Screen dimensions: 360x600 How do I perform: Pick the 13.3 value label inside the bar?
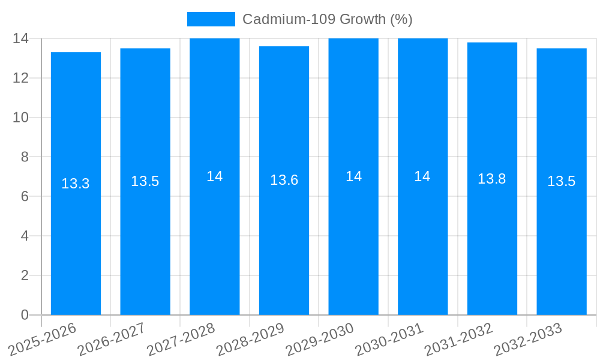tap(76, 184)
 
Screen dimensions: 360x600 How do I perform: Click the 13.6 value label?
tap(284, 180)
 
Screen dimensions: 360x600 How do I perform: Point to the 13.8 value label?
tap(492, 179)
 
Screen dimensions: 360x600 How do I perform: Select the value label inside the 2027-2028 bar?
tap(215, 176)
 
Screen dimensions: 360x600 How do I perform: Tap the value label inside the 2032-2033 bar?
tap(562, 181)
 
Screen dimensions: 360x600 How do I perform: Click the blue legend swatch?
tap(211, 19)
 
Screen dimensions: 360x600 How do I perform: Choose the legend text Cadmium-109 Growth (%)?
tap(327, 19)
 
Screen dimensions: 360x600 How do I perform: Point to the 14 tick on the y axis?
tap(20, 38)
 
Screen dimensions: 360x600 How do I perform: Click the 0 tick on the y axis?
tap(25, 315)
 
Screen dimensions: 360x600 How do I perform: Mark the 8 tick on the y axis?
tap(25, 157)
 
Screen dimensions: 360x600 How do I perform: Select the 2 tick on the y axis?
tap(25, 275)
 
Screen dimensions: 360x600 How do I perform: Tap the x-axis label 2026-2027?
tap(112, 339)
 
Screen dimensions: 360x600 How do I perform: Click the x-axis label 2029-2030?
tap(320, 339)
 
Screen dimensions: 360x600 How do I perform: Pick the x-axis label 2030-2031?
tap(389, 339)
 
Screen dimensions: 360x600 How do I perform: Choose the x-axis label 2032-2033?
tap(528, 339)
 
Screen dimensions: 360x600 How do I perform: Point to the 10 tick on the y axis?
tap(20, 118)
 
